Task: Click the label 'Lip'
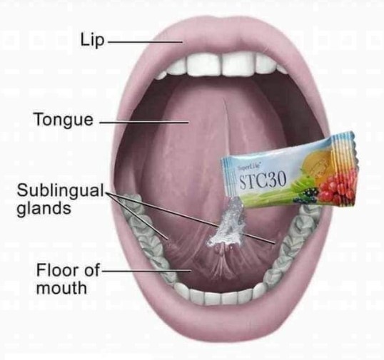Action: pos(92,41)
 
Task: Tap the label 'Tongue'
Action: pos(64,120)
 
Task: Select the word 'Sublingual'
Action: pos(61,190)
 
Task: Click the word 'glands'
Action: pos(44,209)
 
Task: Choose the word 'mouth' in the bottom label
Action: pos(61,288)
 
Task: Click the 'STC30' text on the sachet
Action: pos(263,181)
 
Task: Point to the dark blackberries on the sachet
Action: pos(308,195)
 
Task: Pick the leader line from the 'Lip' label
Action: pos(145,42)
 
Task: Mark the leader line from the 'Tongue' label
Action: pos(144,122)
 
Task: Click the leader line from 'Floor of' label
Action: pos(146,270)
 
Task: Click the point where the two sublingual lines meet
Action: pos(107,194)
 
